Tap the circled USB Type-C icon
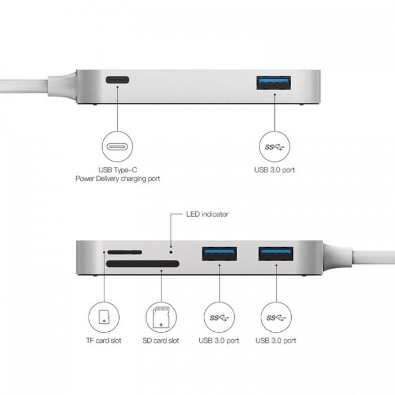pos(117,147)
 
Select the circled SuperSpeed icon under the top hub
pos(275,147)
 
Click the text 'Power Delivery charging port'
pos(117,178)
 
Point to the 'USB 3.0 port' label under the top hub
pos(275,169)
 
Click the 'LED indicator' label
pos(207,214)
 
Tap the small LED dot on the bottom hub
pos(171,246)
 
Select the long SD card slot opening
pos(142,264)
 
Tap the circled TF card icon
pos(104,318)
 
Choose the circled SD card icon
pos(161,318)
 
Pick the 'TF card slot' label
pos(104,340)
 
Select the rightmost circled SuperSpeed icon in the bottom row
pos(275,318)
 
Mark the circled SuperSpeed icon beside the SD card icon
pos(218,318)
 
